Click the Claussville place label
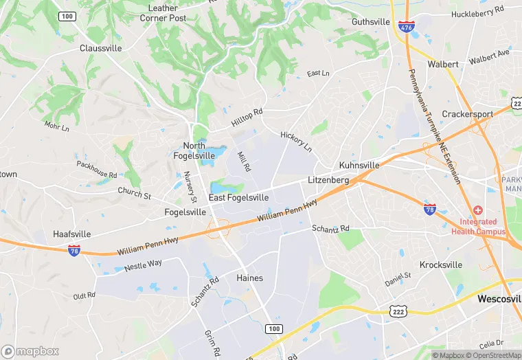click(100, 48)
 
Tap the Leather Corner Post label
click(163, 13)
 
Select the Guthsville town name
click(371, 21)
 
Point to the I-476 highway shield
click(405, 26)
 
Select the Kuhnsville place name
click(359, 166)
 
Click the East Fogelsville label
click(239, 198)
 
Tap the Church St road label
click(134, 194)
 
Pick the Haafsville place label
click(72, 234)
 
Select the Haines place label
click(249, 278)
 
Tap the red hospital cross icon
click(478, 210)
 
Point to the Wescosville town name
click(499, 300)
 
